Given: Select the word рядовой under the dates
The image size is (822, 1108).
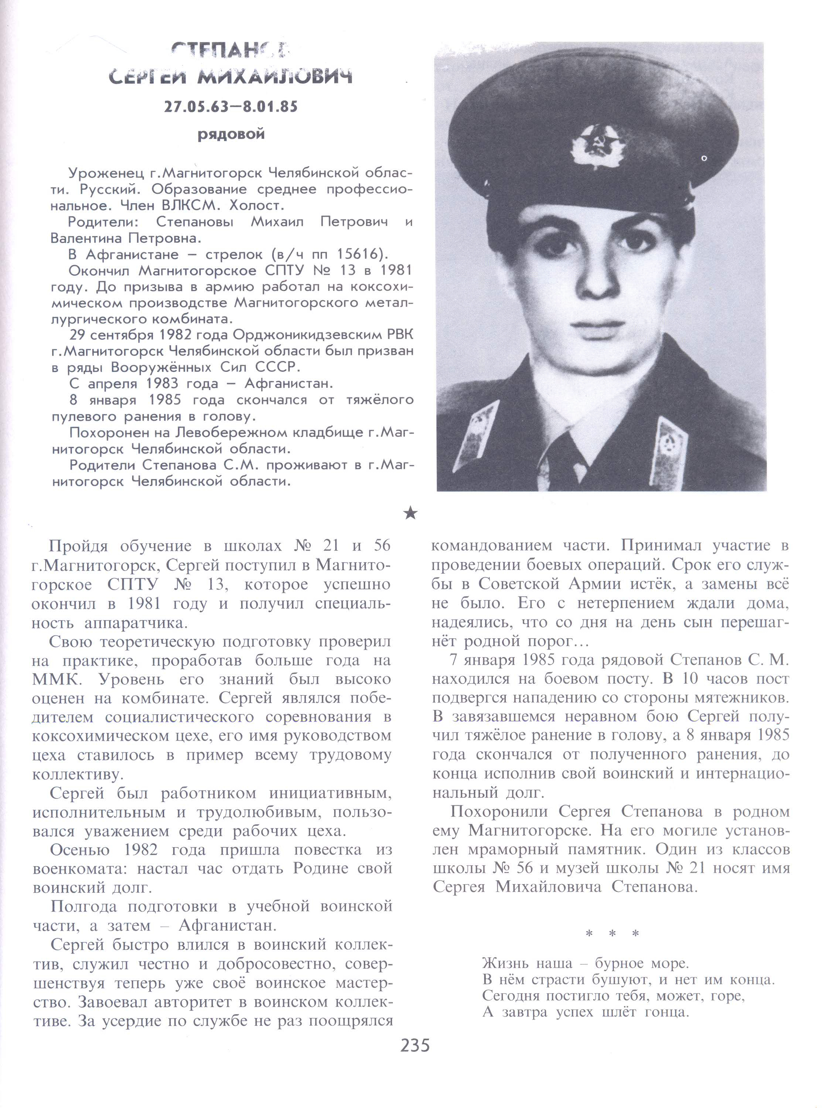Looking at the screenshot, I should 231,134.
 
